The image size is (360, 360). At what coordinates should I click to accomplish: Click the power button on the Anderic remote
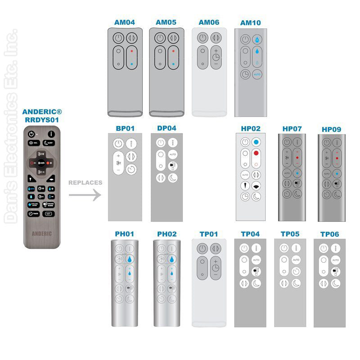31,134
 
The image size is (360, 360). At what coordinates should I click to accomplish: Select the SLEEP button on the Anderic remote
49,144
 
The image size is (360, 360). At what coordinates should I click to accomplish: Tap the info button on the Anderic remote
51,134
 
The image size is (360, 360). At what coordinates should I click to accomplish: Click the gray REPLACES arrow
85,195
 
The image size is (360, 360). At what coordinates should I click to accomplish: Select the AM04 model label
125,22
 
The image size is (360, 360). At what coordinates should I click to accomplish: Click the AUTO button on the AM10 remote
257,74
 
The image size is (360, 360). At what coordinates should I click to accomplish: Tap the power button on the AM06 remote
203,38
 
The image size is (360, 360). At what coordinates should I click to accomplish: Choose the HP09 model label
331,129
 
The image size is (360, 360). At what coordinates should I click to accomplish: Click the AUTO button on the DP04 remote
173,154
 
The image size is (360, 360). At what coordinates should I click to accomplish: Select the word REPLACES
85,183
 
